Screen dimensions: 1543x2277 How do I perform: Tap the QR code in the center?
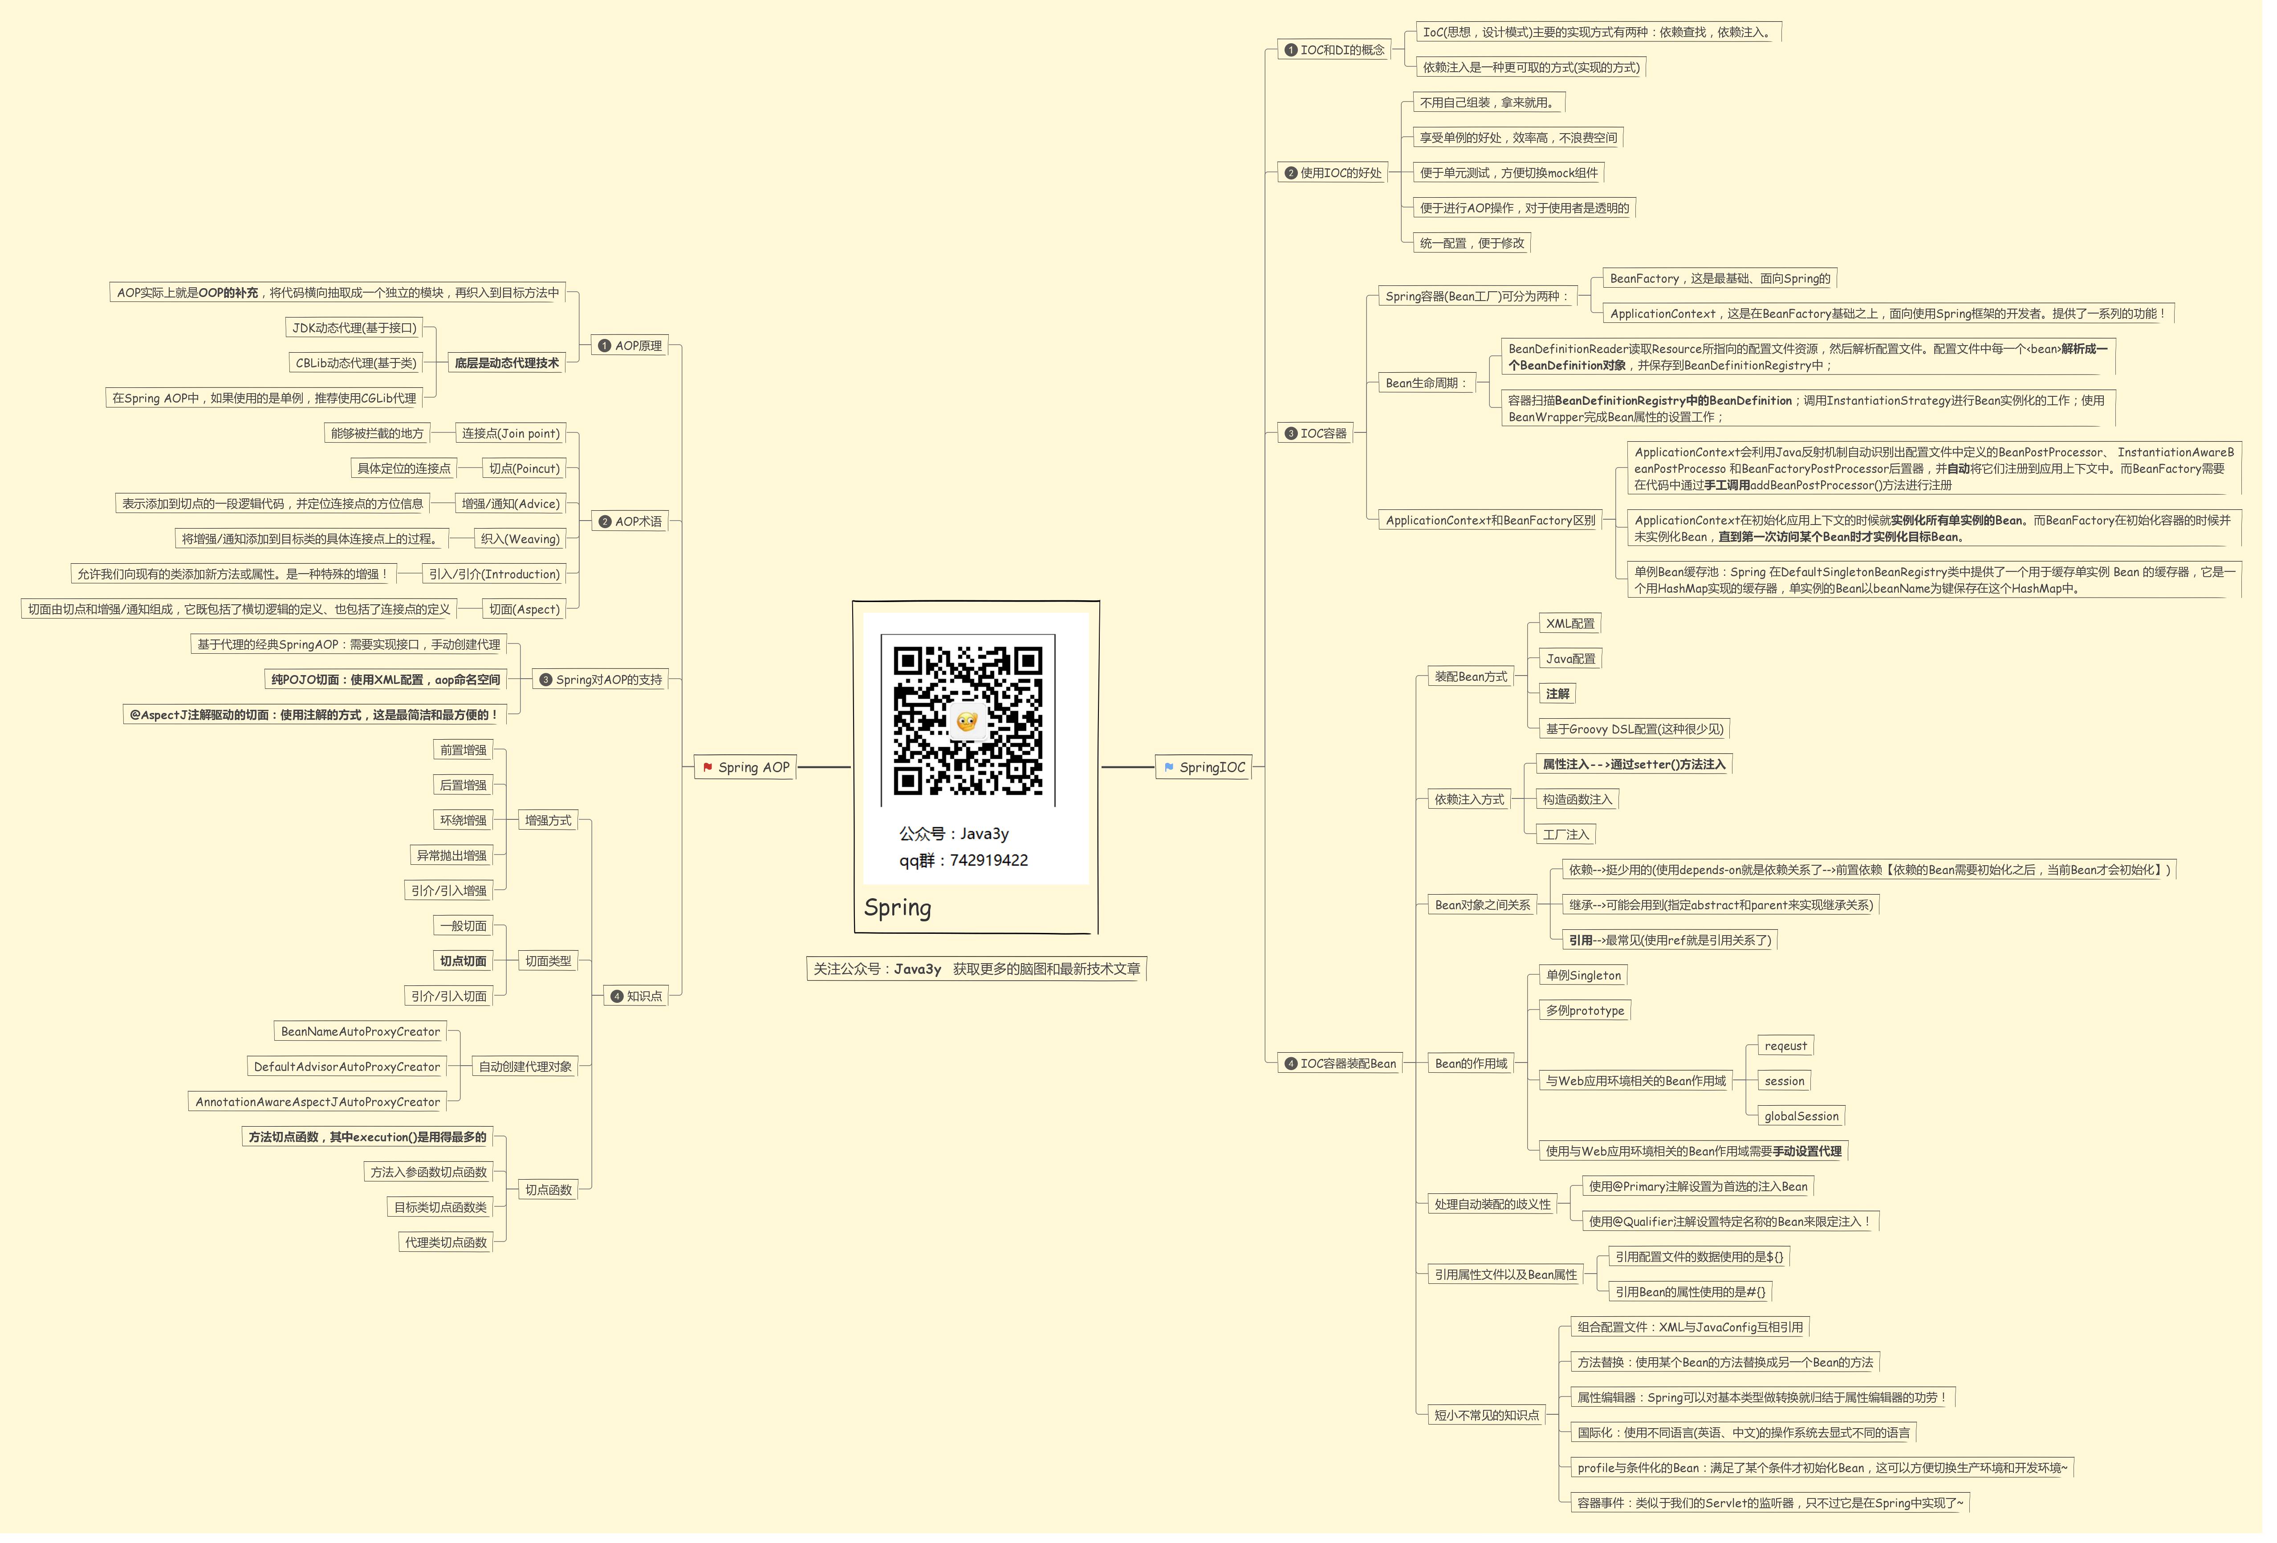pos(967,720)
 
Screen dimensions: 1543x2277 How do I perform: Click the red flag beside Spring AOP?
pos(707,767)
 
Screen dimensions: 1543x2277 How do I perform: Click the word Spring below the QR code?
pos(898,907)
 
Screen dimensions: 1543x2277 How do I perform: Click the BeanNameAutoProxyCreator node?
pos(360,1032)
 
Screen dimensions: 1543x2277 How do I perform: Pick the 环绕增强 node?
pos(463,820)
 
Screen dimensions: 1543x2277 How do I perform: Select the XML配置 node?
pos(1570,623)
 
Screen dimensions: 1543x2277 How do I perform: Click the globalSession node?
pos(1801,1116)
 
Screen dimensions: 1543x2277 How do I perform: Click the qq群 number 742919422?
pos(988,860)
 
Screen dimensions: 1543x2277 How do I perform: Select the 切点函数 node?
pos(548,1189)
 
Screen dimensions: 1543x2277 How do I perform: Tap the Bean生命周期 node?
pos(1426,383)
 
